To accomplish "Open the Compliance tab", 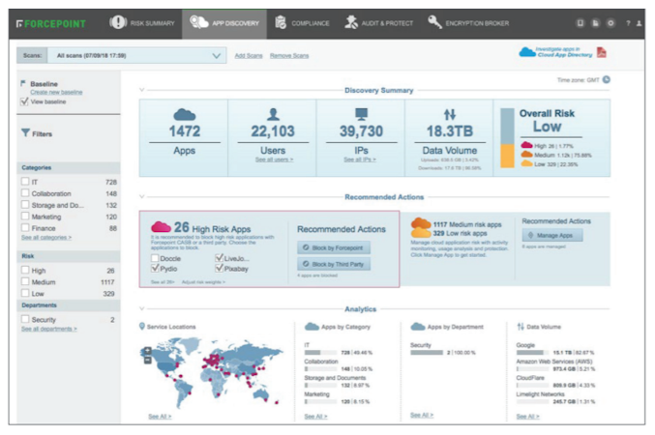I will (302, 22).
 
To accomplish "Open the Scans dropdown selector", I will (134, 56).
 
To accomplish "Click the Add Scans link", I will (249, 56).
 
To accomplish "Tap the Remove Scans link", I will (289, 56).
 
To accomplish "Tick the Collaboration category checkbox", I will (25, 193).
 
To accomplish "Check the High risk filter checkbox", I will (25, 271).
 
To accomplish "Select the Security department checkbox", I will (25, 319).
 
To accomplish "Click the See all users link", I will (274, 159).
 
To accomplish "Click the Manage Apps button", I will (552, 235).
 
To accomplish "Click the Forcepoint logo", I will (50, 22).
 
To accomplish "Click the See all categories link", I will (45, 237).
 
